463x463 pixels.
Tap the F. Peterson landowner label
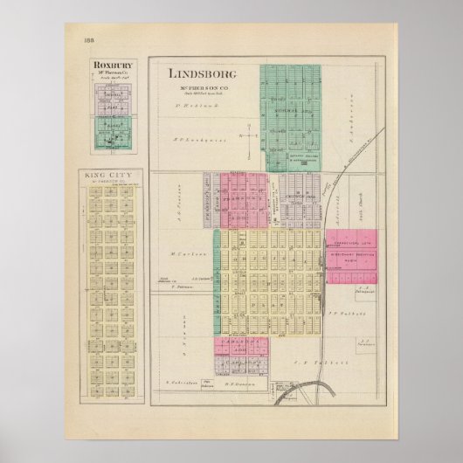(185, 287)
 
